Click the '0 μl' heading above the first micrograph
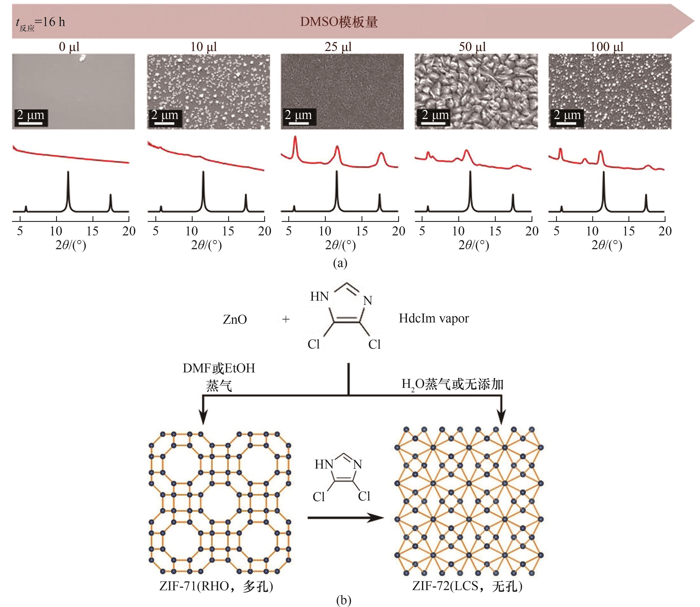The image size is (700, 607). (x=69, y=47)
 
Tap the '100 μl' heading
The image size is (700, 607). (x=606, y=47)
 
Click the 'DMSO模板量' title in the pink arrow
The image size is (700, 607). (x=339, y=22)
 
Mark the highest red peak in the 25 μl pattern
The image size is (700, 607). (x=295, y=137)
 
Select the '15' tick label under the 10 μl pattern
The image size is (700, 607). (x=228, y=231)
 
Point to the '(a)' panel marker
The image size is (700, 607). (x=340, y=263)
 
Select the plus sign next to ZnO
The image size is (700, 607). (x=286, y=319)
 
